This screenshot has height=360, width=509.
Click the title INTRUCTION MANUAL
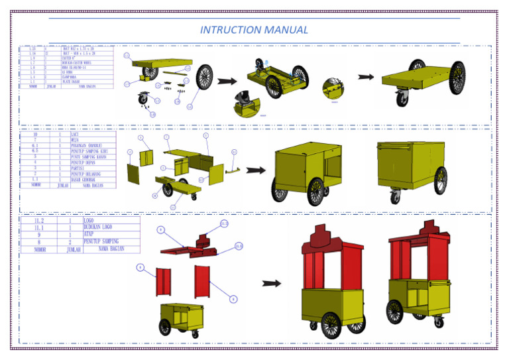click(254, 30)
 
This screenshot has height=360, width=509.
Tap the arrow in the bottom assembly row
click(272, 283)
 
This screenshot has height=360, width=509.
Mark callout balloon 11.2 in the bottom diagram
click(224, 223)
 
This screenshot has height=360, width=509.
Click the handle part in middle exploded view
click(231, 170)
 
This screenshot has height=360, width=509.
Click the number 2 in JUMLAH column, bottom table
click(70, 242)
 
